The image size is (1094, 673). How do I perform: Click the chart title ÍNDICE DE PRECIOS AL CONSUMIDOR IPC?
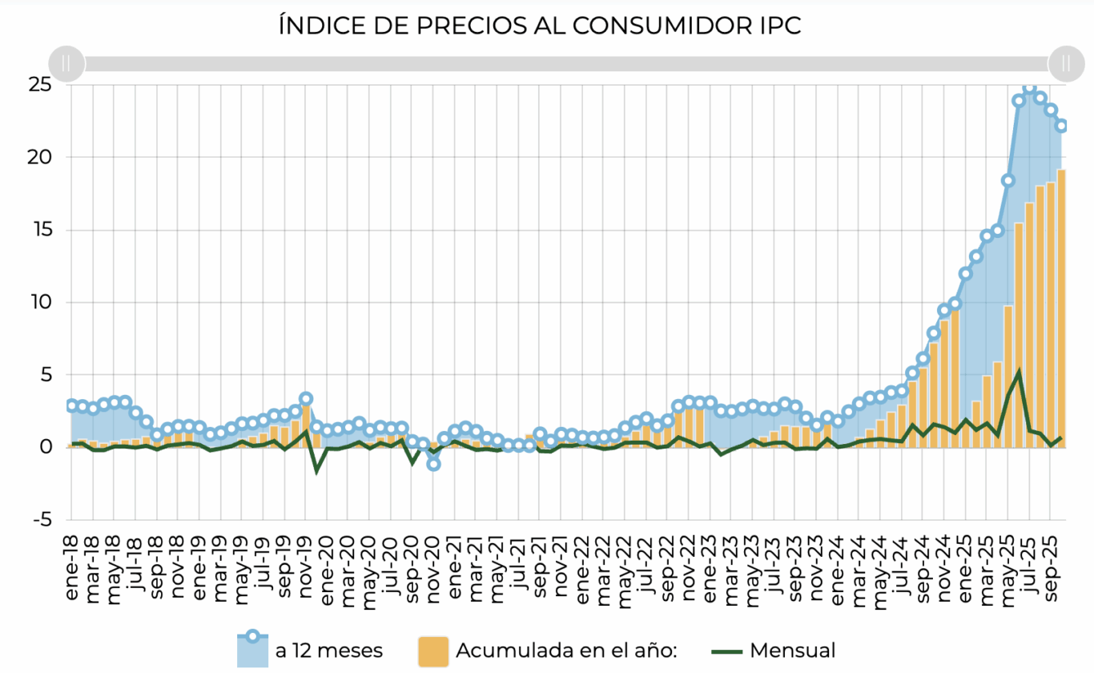coord(540,26)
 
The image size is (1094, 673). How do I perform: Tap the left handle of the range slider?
coord(66,63)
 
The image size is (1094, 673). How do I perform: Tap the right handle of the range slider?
coord(1066,63)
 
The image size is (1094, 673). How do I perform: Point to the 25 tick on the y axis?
coord(40,84)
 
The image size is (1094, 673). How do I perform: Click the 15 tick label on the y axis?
coord(40,230)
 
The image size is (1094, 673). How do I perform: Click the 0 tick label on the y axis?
coord(46,448)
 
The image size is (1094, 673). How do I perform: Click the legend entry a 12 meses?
coord(328,651)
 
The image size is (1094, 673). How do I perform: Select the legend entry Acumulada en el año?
coord(566,651)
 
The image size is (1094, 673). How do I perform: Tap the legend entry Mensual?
coord(793,651)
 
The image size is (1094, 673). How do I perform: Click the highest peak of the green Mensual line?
coord(1018,372)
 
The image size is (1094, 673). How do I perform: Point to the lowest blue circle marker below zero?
coord(433,464)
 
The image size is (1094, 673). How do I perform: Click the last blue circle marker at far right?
coord(1061,126)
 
